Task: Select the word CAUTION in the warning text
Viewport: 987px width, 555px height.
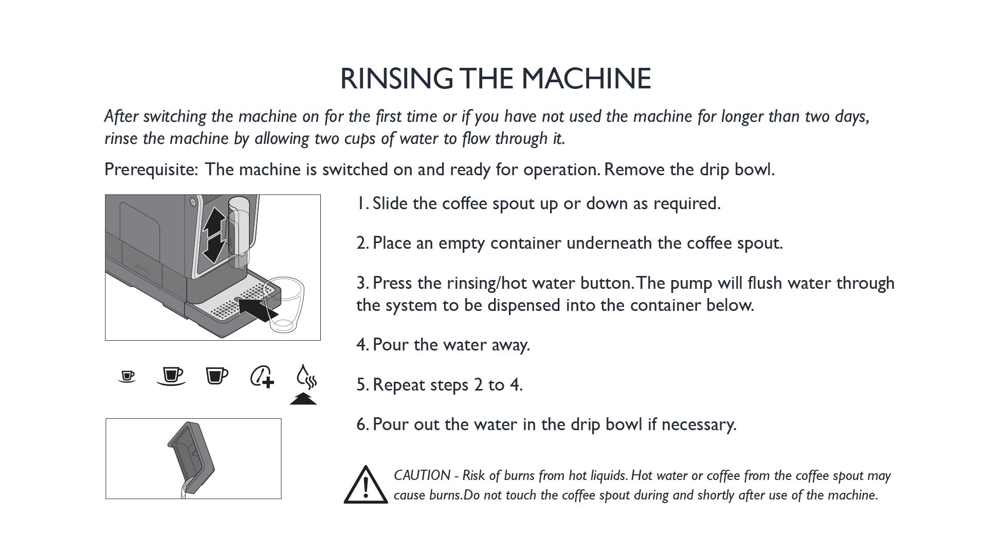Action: (x=422, y=475)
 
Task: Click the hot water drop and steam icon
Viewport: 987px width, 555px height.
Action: (x=306, y=377)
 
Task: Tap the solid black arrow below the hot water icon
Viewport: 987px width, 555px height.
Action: (x=303, y=399)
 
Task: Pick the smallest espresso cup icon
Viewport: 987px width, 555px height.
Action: (x=127, y=377)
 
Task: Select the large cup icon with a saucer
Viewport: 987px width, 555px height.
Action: (x=171, y=376)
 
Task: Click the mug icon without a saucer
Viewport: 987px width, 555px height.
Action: (x=216, y=376)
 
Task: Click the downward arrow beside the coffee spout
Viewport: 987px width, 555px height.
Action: (x=214, y=250)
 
